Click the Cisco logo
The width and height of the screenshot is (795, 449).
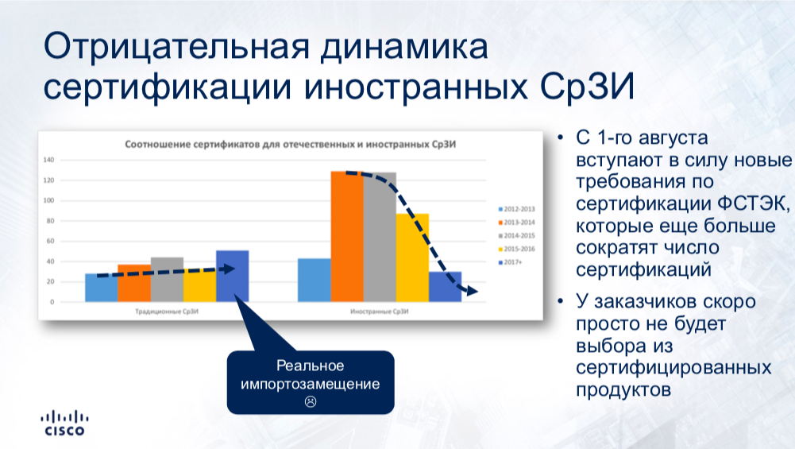[x=65, y=423]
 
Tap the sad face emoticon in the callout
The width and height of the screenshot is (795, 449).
[x=311, y=401]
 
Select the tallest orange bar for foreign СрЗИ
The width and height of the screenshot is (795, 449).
[x=347, y=237]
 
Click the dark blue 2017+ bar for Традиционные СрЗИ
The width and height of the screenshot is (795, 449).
[x=232, y=276]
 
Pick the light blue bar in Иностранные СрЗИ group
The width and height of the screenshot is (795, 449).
[x=315, y=280]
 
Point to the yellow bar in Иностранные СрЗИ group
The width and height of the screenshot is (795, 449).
[x=412, y=257]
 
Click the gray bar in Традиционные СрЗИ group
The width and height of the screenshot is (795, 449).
[x=167, y=280]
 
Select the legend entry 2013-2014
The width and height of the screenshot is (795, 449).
[x=517, y=223]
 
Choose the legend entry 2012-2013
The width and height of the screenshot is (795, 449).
[x=517, y=209]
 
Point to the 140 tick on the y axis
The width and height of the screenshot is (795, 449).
[x=48, y=160]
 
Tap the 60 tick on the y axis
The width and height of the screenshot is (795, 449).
[x=50, y=241]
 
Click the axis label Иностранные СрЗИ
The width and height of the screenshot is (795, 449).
[x=380, y=312]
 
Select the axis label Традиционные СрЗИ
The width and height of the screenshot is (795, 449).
[x=167, y=312]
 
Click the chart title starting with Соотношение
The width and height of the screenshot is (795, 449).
[x=290, y=145]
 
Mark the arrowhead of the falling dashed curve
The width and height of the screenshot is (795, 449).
[x=473, y=291]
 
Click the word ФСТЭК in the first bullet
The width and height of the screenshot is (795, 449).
[x=754, y=203]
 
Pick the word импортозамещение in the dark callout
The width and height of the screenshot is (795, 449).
[x=311, y=384]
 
